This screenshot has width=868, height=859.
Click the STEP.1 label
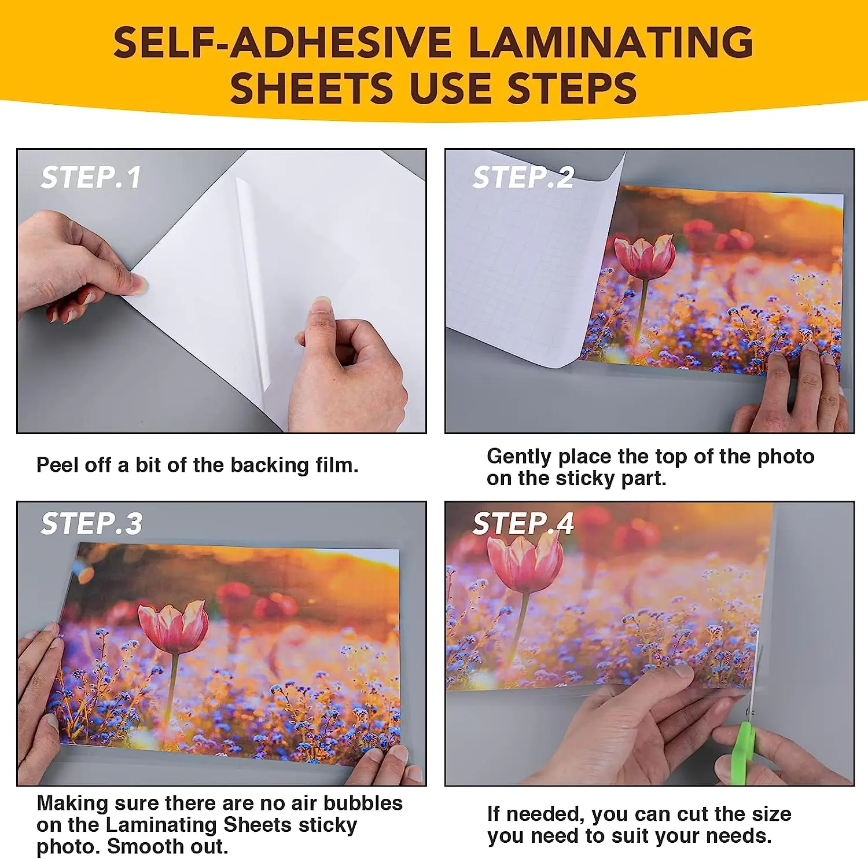[91, 177]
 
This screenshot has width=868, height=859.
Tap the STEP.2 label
[523, 177]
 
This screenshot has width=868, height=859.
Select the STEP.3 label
[91, 523]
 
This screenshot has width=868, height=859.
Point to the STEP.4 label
[523, 523]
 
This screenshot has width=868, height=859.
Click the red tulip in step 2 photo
[645, 257]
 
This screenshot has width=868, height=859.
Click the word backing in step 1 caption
[270, 465]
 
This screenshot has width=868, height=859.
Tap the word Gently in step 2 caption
[519, 457]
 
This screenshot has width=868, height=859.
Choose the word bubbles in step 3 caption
[363, 803]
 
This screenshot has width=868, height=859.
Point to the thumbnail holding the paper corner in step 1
[138, 283]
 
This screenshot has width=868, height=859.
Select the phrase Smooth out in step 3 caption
[168, 847]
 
